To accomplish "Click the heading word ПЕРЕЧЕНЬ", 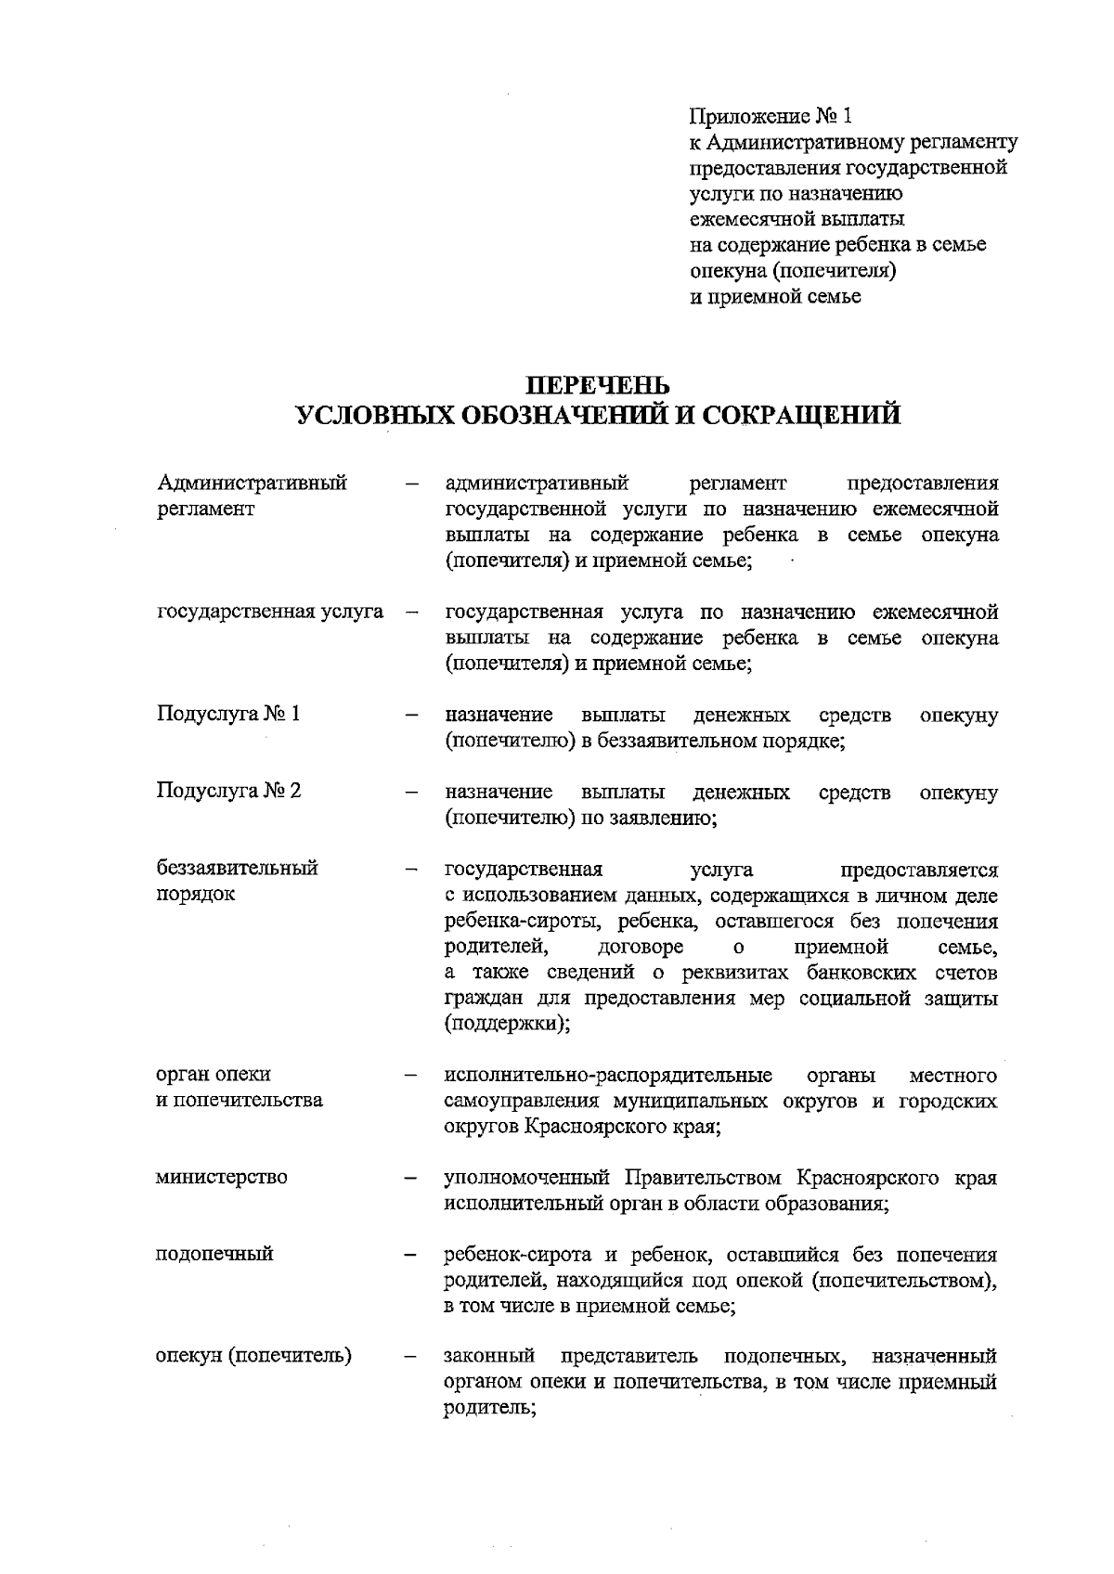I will coord(597,383).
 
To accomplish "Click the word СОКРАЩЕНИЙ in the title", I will coord(801,415).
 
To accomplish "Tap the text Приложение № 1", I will coord(770,116).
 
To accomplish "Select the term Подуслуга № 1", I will coord(228,714).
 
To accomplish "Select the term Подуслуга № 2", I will coord(228,791).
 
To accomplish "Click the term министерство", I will coord(222,1177).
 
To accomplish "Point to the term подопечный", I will coord(214,1254).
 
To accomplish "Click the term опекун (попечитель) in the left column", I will coord(253,1355).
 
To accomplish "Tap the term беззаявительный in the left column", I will coord(237,868).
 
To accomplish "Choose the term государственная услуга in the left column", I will coord(270,612).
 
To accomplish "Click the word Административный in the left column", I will coord(253,483).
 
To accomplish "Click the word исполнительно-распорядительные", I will coord(608,1075).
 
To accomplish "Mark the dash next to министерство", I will coord(409,1179).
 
